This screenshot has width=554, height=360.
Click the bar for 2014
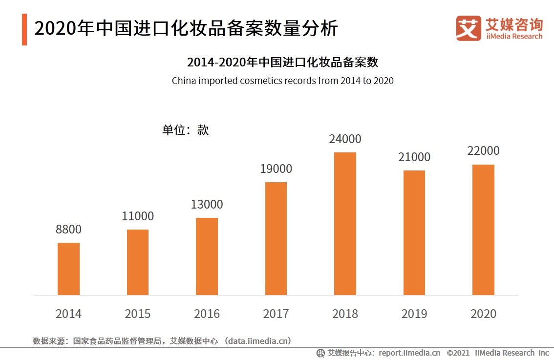click(x=68, y=269)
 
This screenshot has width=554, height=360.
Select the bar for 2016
click(x=207, y=256)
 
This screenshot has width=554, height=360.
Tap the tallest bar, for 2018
click(x=345, y=224)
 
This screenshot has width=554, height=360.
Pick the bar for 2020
click(x=483, y=230)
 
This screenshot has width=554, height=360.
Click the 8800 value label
click(x=68, y=229)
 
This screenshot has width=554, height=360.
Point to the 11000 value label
click(x=138, y=216)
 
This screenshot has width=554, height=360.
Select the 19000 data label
click(x=276, y=169)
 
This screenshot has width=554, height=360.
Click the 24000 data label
click(x=345, y=139)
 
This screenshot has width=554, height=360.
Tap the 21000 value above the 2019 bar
click(x=414, y=157)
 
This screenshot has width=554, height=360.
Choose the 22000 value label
click(x=483, y=150)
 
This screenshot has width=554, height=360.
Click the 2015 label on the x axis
click(x=138, y=314)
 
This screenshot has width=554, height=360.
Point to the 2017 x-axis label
click(x=276, y=314)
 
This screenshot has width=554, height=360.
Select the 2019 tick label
click(x=414, y=314)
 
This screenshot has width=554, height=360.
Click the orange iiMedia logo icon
click(x=469, y=28)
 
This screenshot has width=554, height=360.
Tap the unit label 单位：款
click(x=185, y=130)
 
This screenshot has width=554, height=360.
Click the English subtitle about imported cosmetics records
click(x=282, y=81)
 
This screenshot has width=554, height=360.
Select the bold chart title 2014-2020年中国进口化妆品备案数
click(x=282, y=63)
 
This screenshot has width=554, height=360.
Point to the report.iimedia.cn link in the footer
click(x=409, y=353)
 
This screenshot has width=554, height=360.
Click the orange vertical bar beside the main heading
click(x=24, y=29)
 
